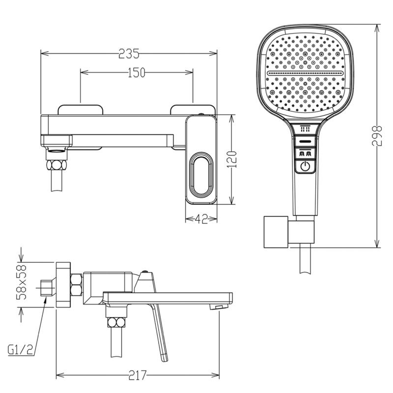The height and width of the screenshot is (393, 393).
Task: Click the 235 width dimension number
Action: tap(129, 54)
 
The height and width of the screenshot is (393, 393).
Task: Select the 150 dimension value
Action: tap(137, 73)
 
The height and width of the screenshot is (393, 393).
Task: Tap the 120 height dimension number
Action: tap(232, 159)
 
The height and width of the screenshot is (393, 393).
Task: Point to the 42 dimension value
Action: tap(201, 219)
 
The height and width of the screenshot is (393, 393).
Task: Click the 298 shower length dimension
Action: tap(377, 136)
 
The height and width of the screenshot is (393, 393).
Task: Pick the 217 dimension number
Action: tap(138, 375)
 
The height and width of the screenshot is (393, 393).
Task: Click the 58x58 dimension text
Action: tap(21, 282)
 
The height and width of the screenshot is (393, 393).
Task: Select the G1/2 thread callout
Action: tap(21, 350)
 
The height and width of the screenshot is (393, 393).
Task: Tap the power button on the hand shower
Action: tap(305, 166)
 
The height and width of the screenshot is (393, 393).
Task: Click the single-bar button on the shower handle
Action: tap(305, 141)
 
